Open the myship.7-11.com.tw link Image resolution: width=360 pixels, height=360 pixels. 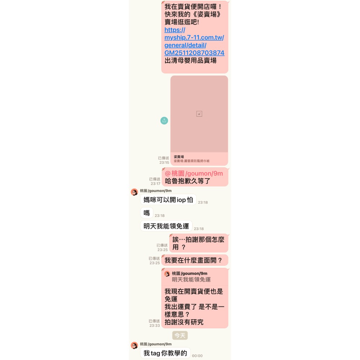194,41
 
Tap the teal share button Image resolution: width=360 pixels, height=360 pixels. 164,121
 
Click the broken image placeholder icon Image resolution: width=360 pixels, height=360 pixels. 199,114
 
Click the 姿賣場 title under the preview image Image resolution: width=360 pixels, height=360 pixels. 179,157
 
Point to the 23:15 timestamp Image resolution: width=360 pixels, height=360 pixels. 164,163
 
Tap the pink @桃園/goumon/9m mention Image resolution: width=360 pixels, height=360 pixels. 194,174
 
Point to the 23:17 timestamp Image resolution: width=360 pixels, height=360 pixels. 156,184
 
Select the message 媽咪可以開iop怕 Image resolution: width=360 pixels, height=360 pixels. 168,200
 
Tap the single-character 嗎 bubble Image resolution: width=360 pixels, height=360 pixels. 147,213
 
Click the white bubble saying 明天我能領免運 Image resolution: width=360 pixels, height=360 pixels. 166,226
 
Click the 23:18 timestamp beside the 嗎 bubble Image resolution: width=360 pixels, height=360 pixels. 159,216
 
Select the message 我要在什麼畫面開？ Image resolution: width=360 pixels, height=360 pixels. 195,260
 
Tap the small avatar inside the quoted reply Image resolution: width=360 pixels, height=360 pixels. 167,274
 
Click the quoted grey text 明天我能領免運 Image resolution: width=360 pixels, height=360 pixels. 191,279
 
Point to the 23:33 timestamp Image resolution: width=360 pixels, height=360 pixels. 154,325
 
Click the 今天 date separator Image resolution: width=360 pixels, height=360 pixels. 180,336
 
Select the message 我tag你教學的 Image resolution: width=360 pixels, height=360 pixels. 165,353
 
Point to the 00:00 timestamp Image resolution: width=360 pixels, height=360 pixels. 197,356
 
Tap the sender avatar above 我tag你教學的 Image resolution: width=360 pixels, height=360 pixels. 134,345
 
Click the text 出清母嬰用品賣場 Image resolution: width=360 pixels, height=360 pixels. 190,60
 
